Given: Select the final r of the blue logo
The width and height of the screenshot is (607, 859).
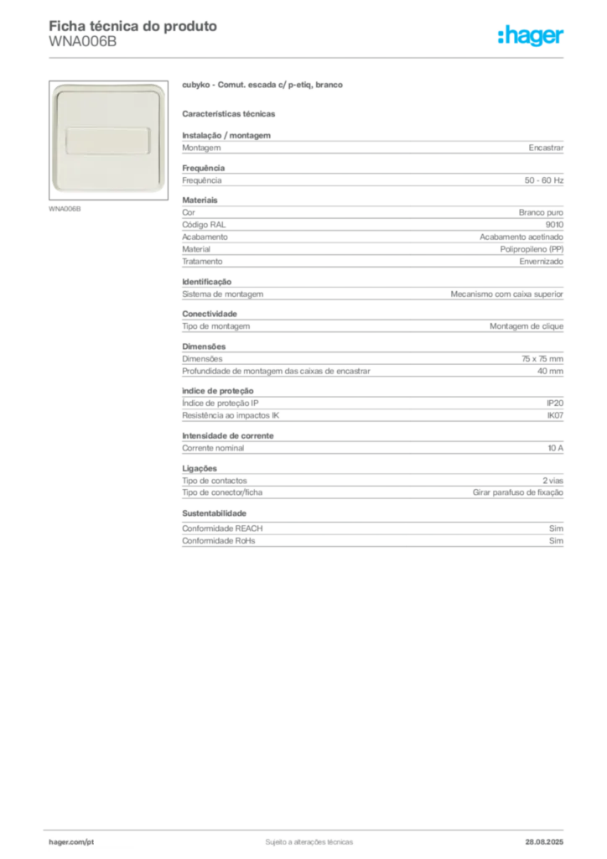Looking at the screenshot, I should click(563, 38).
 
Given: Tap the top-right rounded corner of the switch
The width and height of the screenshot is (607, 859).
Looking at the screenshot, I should click(161, 87).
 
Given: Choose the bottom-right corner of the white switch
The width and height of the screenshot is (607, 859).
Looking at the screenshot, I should click(161, 190).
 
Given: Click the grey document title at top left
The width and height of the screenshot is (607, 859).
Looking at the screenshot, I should click(134, 26).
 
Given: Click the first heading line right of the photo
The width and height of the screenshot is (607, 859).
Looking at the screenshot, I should click(264, 86).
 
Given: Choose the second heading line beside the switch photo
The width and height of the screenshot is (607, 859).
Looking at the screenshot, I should click(231, 112).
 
